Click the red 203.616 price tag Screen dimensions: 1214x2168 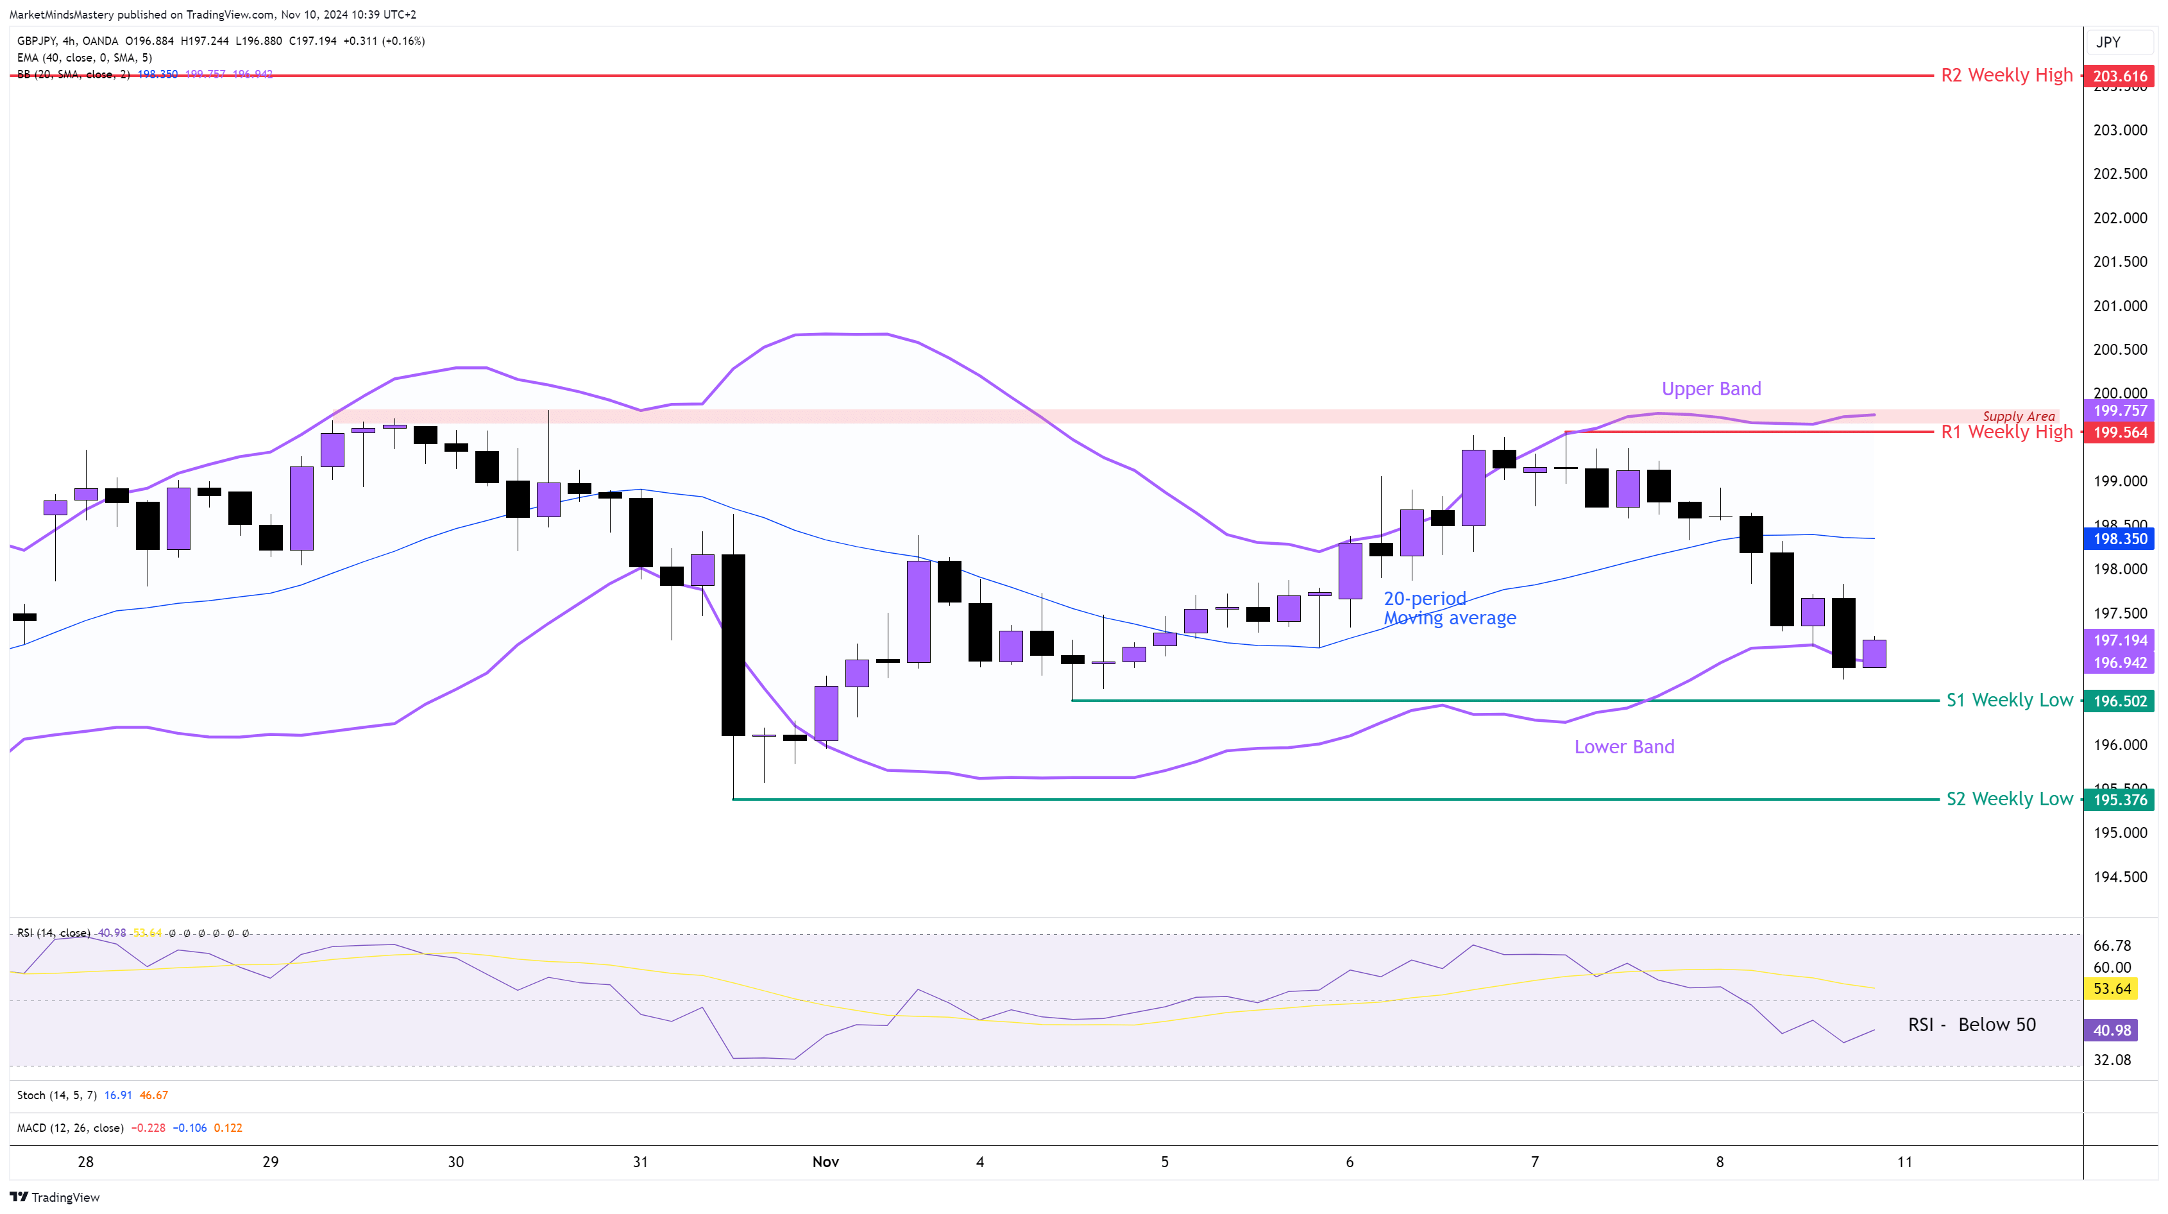[x=2119, y=76]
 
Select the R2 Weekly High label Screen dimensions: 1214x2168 [x=2006, y=76]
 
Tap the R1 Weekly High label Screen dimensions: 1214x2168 [x=2006, y=432]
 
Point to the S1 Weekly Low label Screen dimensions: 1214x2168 [x=2009, y=701]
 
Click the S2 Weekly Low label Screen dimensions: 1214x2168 [x=2009, y=799]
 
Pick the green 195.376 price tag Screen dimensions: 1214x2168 [x=2119, y=799]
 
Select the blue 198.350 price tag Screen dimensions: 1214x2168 [x=2119, y=539]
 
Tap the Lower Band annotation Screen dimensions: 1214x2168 [x=1623, y=747]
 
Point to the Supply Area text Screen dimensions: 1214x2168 [x=2018, y=416]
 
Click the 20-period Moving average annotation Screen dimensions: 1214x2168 [x=1449, y=608]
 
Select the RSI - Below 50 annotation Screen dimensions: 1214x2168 [x=1971, y=1025]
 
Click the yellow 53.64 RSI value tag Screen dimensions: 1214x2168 [x=2112, y=988]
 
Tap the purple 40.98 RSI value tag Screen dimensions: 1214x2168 [x=2112, y=1030]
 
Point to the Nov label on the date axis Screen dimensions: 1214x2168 [x=825, y=1162]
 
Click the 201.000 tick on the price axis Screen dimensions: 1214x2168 [x=2119, y=305]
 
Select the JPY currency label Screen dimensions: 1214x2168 [x=2108, y=42]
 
